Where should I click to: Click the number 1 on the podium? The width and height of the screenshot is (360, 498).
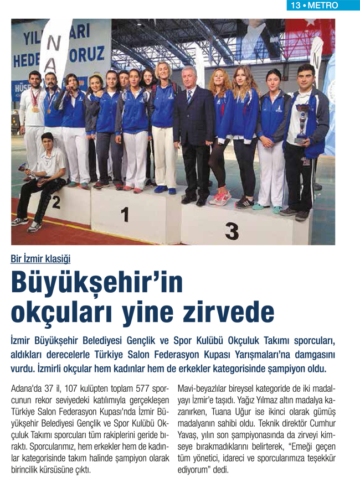tap(125, 214)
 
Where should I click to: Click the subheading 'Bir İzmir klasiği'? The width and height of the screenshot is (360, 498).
tap(40, 258)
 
